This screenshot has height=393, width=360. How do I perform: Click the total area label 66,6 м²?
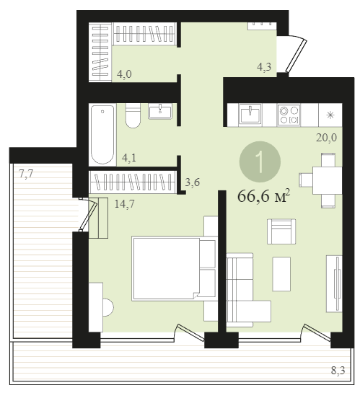[263, 196]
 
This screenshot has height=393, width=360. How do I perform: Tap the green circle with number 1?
[260, 162]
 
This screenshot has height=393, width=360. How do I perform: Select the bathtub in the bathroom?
[102, 135]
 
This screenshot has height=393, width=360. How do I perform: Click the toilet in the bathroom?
[133, 115]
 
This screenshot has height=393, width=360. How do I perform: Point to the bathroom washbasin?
[159, 112]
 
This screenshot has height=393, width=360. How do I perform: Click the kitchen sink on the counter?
[250, 114]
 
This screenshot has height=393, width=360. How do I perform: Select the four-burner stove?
[289, 115]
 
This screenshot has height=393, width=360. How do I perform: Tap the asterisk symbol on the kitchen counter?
[330, 115]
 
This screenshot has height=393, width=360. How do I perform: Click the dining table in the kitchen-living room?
[327, 181]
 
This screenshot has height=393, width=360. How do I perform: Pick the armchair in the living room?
[281, 231]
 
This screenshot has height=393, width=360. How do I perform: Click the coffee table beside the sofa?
[281, 274]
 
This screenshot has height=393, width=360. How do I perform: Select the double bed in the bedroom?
[174, 268]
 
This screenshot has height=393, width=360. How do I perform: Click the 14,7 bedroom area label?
[124, 204]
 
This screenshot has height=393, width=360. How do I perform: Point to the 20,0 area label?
[326, 138]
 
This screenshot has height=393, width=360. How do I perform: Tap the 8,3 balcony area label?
[338, 371]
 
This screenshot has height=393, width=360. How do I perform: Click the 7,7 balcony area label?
[26, 174]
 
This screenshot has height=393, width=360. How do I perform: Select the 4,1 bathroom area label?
[129, 158]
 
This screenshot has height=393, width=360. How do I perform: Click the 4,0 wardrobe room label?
[124, 74]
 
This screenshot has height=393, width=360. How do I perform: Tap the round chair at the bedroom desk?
[108, 307]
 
